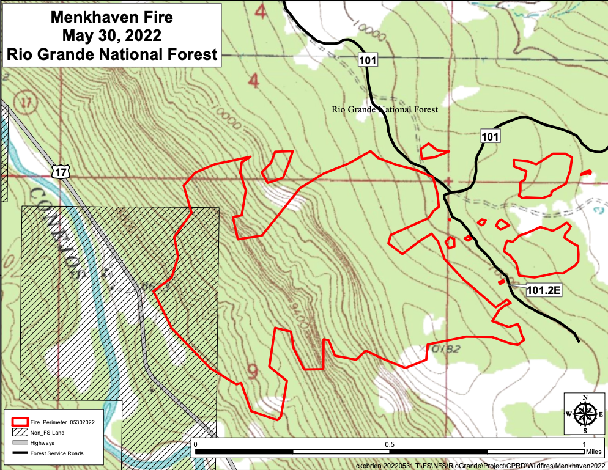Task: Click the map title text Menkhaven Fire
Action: tap(111, 17)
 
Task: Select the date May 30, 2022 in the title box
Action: tap(111, 35)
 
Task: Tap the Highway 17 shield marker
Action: tap(60, 173)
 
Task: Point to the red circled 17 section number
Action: tap(24, 100)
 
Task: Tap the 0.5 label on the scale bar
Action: tap(389, 444)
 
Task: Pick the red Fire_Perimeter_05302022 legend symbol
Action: tap(19, 422)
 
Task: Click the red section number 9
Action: tap(253, 370)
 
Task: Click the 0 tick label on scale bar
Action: tap(195, 444)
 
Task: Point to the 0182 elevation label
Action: tap(445, 350)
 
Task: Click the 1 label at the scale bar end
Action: tap(584, 444)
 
